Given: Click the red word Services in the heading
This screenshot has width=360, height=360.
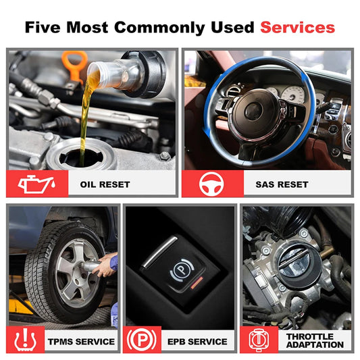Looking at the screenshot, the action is pyautogui.click(x=298, y=27).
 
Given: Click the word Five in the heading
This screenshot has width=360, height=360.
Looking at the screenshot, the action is pyautogui.click(x=43, y=27).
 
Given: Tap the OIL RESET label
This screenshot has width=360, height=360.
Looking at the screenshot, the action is pyautogui.click(x=105, y=184).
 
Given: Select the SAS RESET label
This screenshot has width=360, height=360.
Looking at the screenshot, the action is pyautogui.click(x=282, y=184).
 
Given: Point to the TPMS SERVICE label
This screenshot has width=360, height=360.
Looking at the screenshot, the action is pyautogui.click(x=81, y=341).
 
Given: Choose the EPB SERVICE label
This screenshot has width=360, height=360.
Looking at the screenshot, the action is pyautogui.click(x=197, y=341).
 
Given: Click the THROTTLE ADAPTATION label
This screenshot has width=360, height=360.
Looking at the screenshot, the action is pyautogui.click(x=315, y=340).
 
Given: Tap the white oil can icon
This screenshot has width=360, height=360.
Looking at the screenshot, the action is pyautogui.click(x=36, y=184).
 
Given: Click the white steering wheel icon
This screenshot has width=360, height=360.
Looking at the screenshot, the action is pyautogui.click(x=211, y=184).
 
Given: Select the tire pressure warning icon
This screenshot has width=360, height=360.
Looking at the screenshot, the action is pyautogui.click(x=25, y=340).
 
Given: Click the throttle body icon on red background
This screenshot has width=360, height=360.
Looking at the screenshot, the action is pyautogui.click(x=259, y=340).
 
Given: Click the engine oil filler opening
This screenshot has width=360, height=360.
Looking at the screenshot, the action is pyautogui.click(x=81, y=158).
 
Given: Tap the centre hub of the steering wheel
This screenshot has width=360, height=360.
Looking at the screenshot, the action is pyautogui.click(x=253, y=111).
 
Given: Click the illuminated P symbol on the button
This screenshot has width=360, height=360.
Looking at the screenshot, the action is pyautogui.click(x=182, y=269).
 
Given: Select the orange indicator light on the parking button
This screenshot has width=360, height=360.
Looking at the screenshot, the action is pyautogui.click(x=197, y=282).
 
